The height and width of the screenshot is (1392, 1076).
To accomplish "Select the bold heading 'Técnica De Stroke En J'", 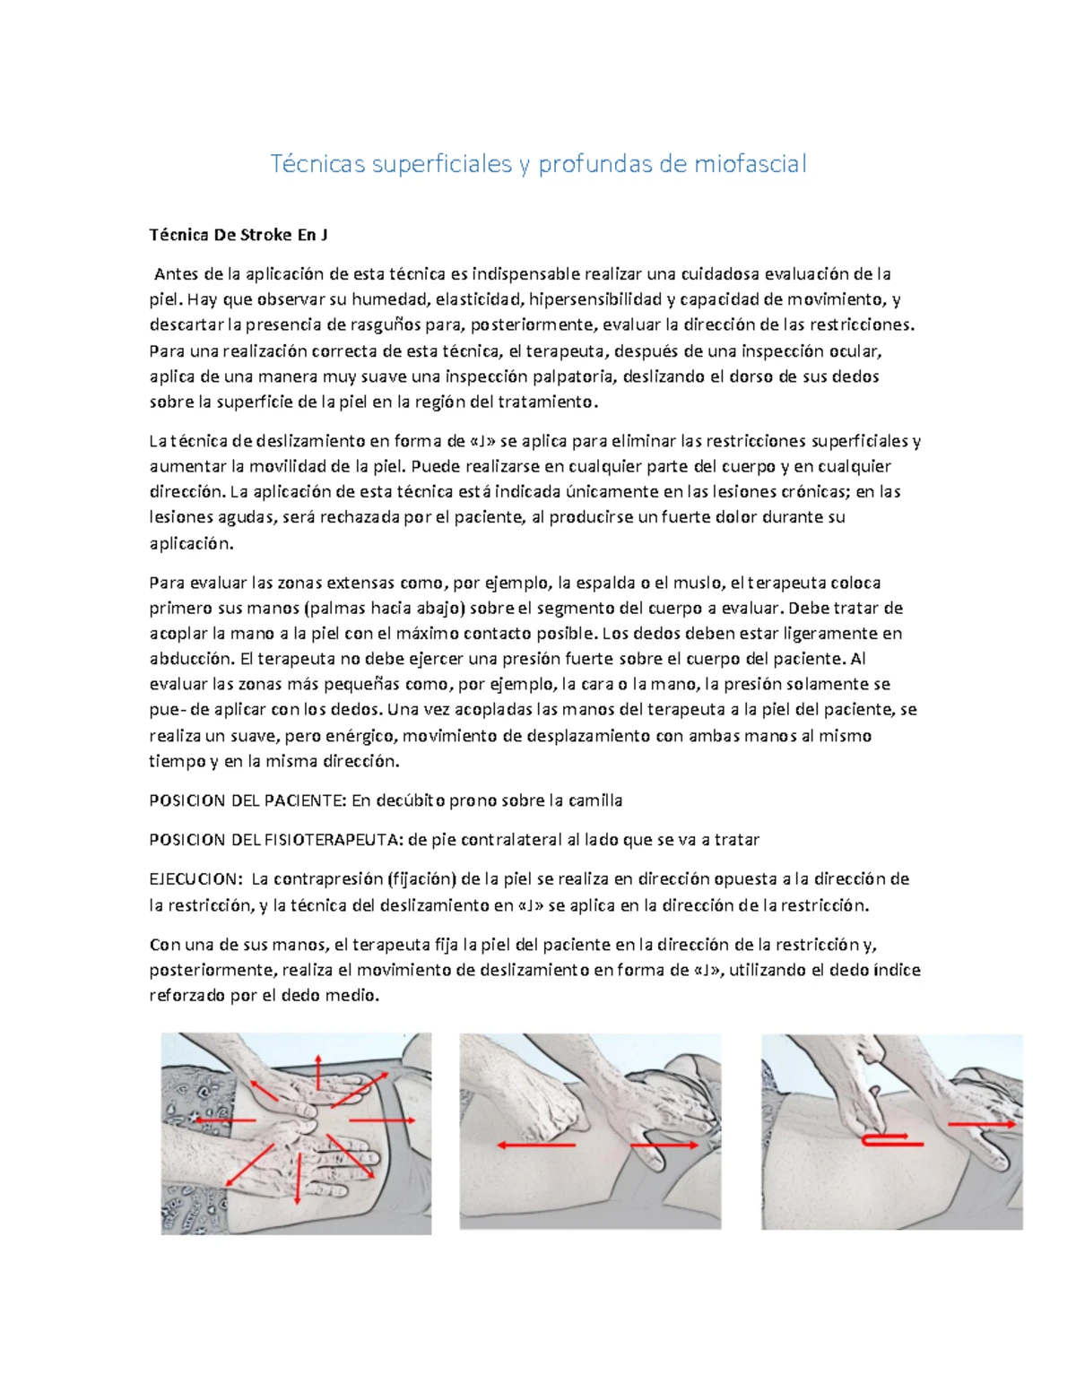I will tap(238, 235).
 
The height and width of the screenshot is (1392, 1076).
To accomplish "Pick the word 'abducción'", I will tap(190, 659).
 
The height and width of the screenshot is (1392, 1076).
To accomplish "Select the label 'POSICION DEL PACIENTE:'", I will tap(247, 800).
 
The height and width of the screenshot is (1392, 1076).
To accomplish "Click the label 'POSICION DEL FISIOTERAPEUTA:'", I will tap(276, 840).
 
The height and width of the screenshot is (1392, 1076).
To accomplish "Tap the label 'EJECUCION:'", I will tap(195, 879).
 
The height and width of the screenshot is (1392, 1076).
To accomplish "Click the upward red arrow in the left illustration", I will tap(317, 1072).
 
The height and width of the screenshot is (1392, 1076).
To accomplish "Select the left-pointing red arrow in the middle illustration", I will tap(536, 1146).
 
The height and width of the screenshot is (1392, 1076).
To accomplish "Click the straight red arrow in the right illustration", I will tap(982, 1123).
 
